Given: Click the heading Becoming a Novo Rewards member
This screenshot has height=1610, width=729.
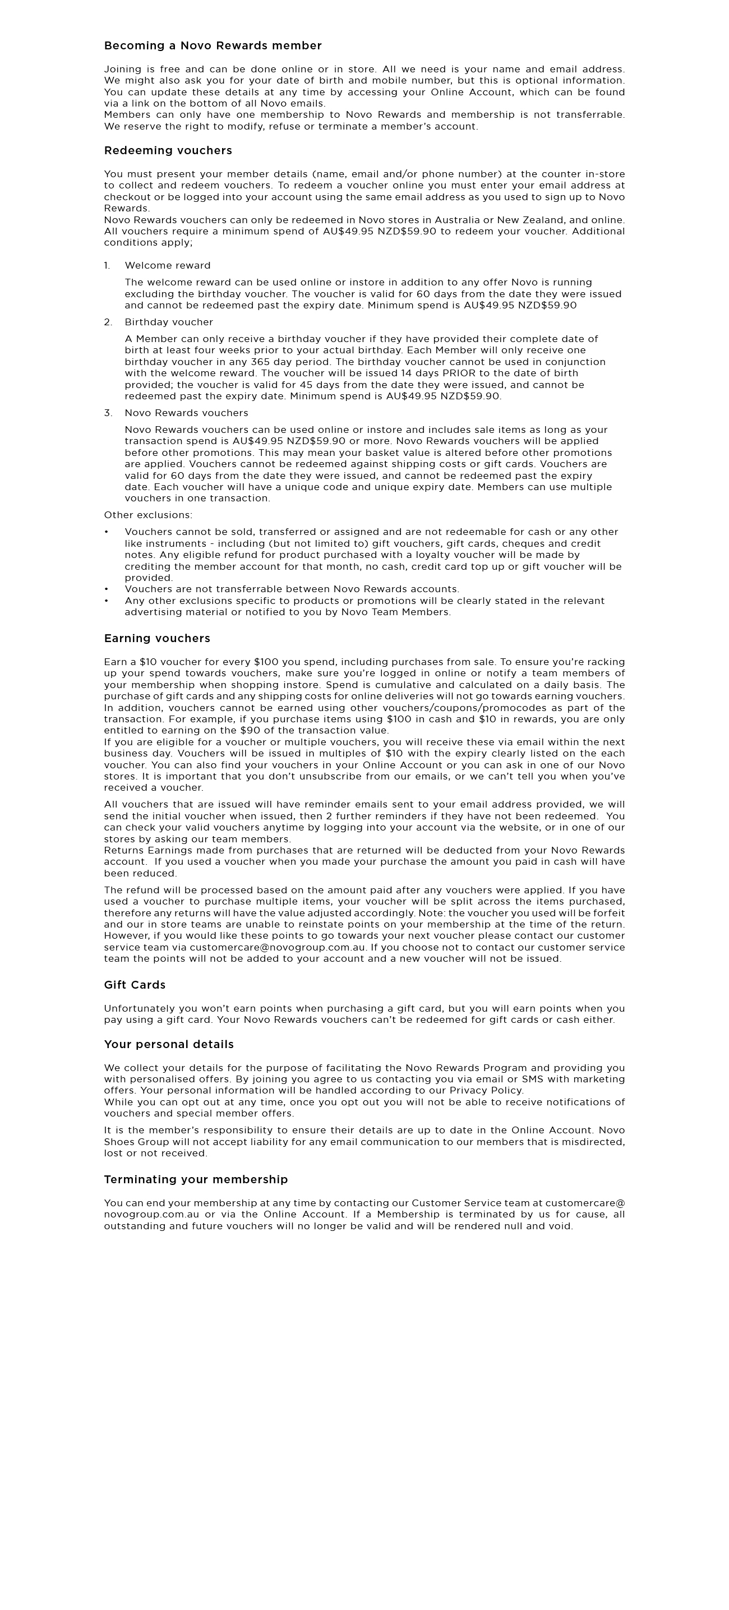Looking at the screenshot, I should (213, 45).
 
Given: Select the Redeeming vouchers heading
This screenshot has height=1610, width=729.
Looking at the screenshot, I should (168, 151).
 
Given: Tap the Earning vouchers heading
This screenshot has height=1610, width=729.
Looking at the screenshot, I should (157, 638).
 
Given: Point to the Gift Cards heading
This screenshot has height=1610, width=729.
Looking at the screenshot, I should (135, 984).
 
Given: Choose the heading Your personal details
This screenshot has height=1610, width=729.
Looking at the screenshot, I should (169, 1044).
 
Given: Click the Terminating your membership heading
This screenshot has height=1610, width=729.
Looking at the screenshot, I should (196, 1179).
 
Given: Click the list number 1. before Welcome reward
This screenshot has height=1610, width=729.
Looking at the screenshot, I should (107, 266).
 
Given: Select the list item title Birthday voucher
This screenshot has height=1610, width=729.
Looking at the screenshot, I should (169, 322).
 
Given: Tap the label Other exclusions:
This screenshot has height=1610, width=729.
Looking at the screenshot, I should (148, 515).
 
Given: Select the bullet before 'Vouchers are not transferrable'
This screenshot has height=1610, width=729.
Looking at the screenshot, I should (107, 589).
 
